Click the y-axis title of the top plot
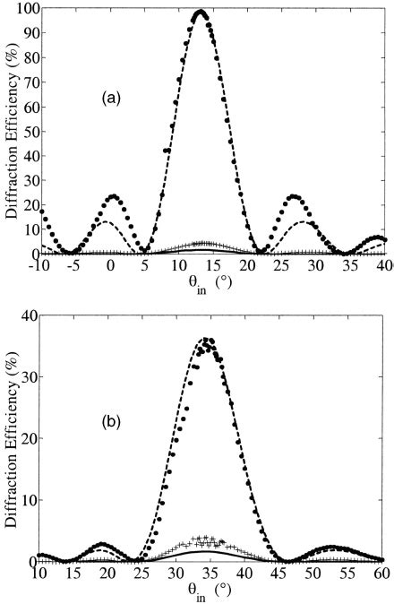point(10,132)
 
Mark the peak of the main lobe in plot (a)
point(201,13)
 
